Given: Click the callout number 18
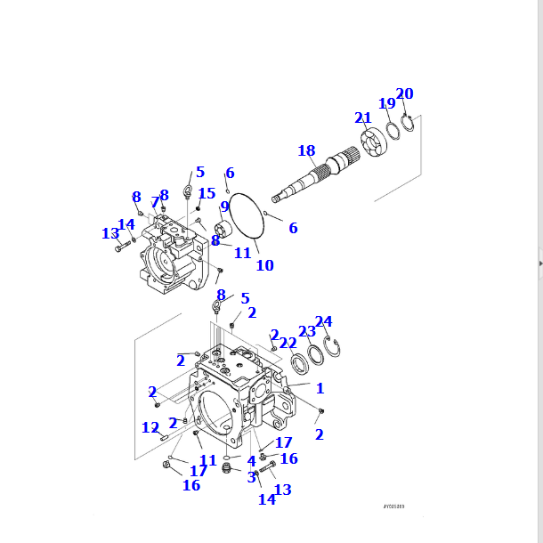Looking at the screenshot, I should pyautogui.click(x=306, y=150).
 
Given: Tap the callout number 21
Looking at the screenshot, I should pyautogui.click(x=362, y=118).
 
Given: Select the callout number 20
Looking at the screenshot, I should pyautogui.click(x=404, y=93).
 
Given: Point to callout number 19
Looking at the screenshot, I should pyautogui.click(x=386, y=103).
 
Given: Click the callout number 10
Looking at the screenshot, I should pyautogui.click(x=264, y=265).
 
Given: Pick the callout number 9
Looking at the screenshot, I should pyautogui.click(x=225, y=207).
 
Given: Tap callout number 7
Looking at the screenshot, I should pyautogui.click(x=154, y=202).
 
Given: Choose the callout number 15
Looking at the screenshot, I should pyautogui.click(x=207, y=193).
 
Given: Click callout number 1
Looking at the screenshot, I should pyautogui.click(x=320, y=388).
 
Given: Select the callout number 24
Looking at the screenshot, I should pyautogui.click(x=324, y=321).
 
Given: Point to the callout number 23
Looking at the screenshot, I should pyautogui.click(x=306, y=331).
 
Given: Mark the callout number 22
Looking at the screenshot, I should pyautogui.click(x=288, y=343).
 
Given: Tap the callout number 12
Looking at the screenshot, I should pyautogui.click(x=150, y=427).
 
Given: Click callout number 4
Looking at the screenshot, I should pyautogui.click(x=252, y=461).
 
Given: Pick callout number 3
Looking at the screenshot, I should pyautogui.click(x=252, y=477).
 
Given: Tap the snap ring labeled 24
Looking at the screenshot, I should pyautogui.click(x=334, y=348).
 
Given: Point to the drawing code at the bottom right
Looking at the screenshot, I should pyautogui.click(x=393, y=507).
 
